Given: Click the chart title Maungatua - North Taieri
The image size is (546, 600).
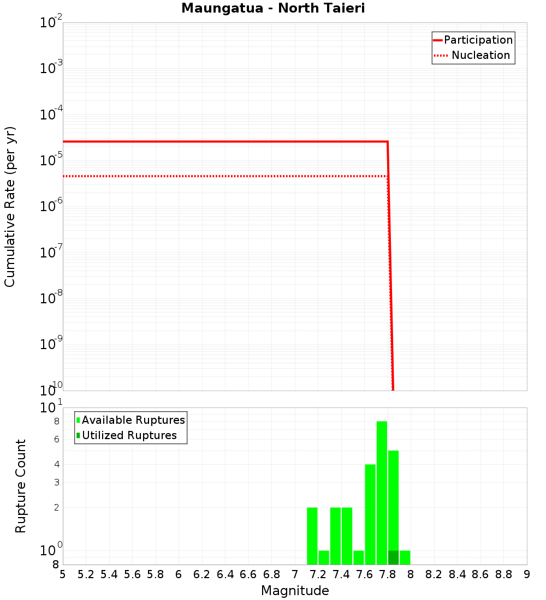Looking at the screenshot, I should click(x=273, y=9).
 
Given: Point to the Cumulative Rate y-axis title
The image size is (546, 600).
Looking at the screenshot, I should click(x=10, y=207).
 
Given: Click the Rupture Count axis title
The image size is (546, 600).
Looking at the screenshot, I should click(x=21, y=485).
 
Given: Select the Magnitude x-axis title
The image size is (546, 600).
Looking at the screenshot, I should click(x=295, y=591).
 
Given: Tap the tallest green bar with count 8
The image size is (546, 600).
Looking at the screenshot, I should click(x=382, y=491).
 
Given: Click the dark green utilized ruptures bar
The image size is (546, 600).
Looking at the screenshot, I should click(x=393, y=557).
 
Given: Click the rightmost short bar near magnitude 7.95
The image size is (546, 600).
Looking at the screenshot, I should click(x=405, y=557).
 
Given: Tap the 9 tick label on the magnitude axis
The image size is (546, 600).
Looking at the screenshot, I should click(x=527, y=574).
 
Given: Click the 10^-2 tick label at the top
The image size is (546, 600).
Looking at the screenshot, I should click(x=51, y=23).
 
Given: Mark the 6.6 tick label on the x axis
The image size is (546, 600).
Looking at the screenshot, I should click(x=248, y=574).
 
